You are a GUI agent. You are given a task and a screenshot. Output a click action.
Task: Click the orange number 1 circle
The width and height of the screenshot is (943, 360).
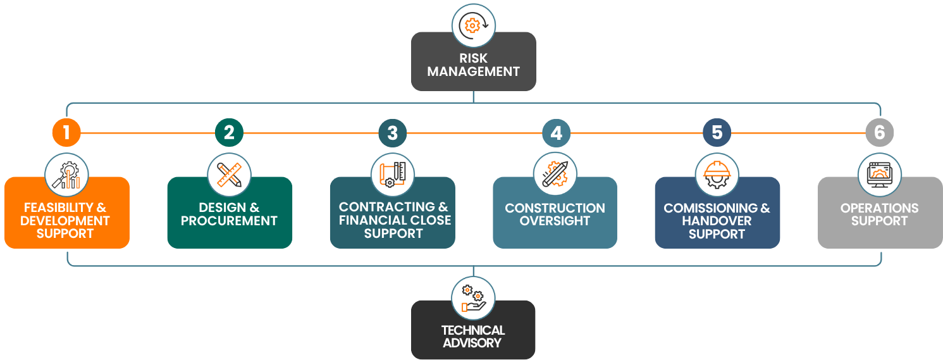[66, 133]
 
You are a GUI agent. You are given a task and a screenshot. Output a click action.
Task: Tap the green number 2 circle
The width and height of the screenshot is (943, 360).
[229, 133]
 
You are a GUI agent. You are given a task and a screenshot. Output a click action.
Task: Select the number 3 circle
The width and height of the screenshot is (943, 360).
[392, 133]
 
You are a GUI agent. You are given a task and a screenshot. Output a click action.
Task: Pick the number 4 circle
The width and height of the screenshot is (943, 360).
[556, 133]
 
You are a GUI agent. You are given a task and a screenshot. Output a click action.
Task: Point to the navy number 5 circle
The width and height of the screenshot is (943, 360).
[717, 133]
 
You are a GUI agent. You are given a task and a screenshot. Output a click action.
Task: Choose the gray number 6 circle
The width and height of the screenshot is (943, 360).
[879, 133]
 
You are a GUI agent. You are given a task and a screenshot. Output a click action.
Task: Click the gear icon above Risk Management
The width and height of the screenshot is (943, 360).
[473, 25]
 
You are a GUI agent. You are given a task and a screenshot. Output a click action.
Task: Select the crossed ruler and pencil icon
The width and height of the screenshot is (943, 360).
[229, 175]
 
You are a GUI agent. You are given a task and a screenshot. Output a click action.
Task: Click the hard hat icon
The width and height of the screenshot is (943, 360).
[717, 175]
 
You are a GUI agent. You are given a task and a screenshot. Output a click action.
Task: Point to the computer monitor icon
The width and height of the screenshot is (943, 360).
[879, 175]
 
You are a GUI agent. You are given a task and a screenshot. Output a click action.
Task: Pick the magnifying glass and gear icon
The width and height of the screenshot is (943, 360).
[66, 175]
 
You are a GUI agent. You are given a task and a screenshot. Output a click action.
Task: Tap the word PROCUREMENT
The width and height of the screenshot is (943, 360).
[229, 221]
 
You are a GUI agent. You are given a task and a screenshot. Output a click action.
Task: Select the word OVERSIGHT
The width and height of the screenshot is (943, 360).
[555, 221]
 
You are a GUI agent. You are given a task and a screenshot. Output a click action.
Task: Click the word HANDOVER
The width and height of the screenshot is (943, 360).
[717, 221]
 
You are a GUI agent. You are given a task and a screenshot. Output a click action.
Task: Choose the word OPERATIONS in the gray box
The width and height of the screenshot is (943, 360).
[879, 208]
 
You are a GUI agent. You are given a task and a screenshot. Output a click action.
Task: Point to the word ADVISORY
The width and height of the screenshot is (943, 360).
[472, 343]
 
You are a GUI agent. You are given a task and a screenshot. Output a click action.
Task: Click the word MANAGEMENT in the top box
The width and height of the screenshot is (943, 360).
[473, 71]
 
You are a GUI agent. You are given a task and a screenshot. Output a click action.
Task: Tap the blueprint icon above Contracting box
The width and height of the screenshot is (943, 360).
[392, 175]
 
